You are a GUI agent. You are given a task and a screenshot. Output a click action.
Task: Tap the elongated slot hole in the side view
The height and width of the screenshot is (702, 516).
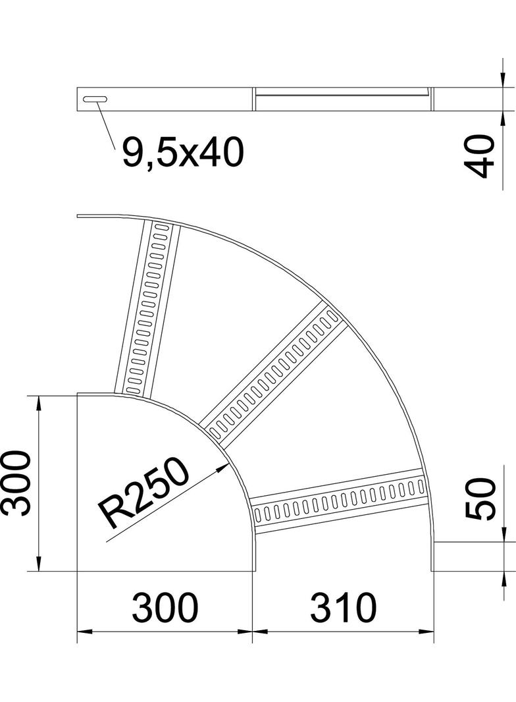coord(95,99)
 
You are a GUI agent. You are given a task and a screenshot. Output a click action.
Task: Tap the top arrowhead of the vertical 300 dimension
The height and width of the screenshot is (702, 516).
coord(40,402)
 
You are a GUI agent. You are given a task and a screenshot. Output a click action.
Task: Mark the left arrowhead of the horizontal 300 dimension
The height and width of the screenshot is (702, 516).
coord(85,632)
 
